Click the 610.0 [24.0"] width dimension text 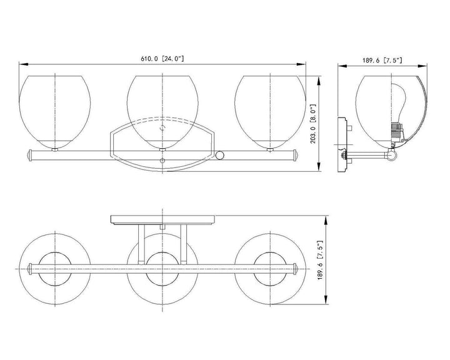tap(162, 59)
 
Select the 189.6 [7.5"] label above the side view tap(382, 60)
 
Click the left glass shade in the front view tap(55, 112)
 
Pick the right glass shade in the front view tap(270, 112)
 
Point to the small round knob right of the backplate tap(220, 155)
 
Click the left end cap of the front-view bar tap(29, 155)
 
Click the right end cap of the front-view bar tap(296, 155)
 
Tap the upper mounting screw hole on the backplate tap(162, 127)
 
